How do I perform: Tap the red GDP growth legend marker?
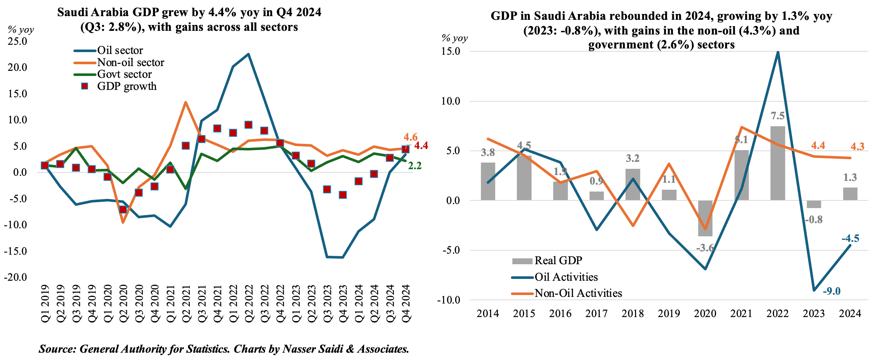click(x=85, y=86)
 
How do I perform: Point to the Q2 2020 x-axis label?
click(x=123, y=303)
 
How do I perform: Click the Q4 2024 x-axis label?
click(x=406, y=303)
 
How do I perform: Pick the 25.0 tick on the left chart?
click(x=18, y=41)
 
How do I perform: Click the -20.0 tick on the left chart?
click(x=16, y=277)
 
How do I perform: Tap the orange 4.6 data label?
click(x=410, y=137)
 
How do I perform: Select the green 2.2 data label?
click(x=415, y=166)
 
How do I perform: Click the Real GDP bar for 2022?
click(x=777, y=163)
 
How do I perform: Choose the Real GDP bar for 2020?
click(x=705, y=218)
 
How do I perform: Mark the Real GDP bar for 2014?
click(x=488, y=181)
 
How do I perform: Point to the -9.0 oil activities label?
click(x=831, y=291)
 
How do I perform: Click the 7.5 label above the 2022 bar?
click(x=777, y=116)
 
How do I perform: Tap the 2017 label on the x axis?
click(x=596, y=314)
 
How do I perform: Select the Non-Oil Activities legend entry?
click(x=578, y=293)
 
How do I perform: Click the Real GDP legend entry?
click(x=558, y=261)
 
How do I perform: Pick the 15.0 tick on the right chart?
click(x=451, y=51)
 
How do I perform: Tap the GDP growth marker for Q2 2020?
click(x=123, y=210)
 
